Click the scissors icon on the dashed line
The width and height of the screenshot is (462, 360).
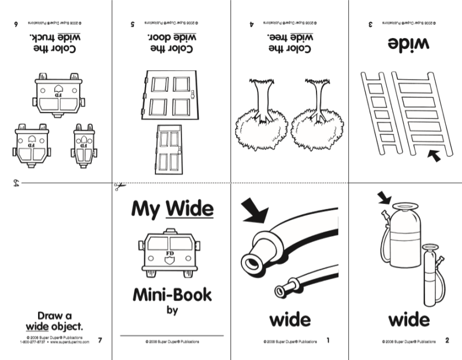click(117, 186)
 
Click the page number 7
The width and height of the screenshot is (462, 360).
click(100, 340)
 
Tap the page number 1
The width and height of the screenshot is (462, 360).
click(328, 340)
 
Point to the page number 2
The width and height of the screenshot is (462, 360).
click(446, 340)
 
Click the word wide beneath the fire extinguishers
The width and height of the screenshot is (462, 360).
click(408, 320)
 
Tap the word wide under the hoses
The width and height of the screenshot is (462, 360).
click(289, 320)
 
